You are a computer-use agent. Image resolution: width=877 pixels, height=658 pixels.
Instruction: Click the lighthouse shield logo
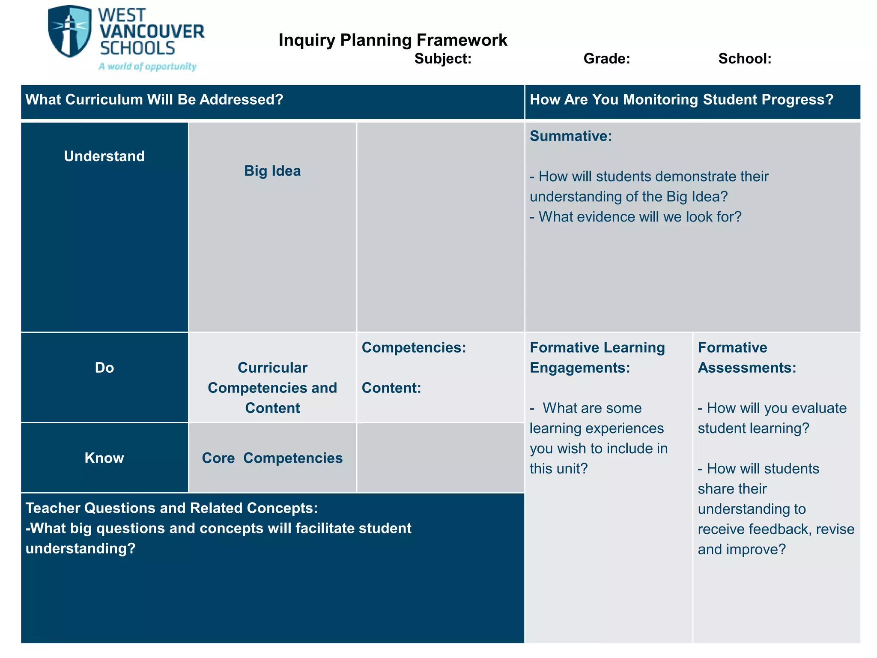[x=69, y=32]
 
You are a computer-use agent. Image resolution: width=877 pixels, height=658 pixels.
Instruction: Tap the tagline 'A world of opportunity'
[x=147, y=66]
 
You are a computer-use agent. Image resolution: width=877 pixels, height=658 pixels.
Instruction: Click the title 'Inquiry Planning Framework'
[x=393, y=40]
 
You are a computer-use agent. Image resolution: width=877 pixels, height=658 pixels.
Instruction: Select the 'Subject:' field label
[x=443, y=59]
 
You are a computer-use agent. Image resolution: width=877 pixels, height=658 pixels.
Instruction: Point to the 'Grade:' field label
[x=606, y=59]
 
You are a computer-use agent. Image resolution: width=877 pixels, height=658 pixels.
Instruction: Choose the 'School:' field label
[x=745, y=59]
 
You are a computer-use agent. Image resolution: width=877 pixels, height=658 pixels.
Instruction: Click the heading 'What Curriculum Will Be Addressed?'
[x=154, y=100]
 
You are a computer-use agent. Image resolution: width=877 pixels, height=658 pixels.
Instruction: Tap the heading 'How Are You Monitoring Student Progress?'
[x=681, y=100]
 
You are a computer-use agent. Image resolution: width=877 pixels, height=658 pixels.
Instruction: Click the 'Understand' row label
[x=104, y=156]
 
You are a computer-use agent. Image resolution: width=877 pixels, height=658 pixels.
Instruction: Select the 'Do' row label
[x=104, y=368]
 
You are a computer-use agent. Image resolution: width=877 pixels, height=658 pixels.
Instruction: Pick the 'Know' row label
[x=104, y=458]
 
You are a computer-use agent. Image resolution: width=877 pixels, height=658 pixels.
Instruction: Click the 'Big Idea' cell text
[x=272, y=171]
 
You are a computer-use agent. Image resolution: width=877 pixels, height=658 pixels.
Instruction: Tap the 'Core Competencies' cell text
[x=272, y=458]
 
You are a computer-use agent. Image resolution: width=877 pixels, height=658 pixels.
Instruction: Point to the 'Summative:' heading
[x=571, y=136]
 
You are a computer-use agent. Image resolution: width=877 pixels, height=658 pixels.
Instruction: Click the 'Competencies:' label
[x=414, y=347]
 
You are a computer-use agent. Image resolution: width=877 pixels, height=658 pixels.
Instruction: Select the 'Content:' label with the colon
[x=391, y=388]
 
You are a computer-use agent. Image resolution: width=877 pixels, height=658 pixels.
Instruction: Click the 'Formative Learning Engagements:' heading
[x=597, y=357]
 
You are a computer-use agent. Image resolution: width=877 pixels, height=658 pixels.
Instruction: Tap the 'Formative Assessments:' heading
[x=747, y=357]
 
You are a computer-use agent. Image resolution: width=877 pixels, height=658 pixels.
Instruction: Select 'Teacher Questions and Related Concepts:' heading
[x=171, y=508]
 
